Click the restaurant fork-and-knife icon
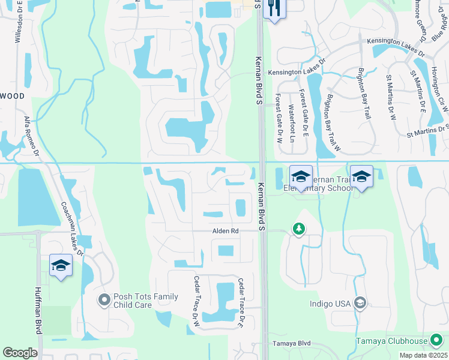pos(274,8)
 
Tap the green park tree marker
pos(298,229)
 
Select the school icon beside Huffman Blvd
pos(61,265)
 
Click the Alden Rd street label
pos(226,231)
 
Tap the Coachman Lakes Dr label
pos(71,229)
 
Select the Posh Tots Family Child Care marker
pos(105,299)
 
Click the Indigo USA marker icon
pos(360,303)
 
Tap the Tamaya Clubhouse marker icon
pos(436,341)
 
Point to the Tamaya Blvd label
pos(292,343)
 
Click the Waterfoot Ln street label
pos(291,124)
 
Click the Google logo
pos(20,353)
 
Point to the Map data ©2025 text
pos(423,355)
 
